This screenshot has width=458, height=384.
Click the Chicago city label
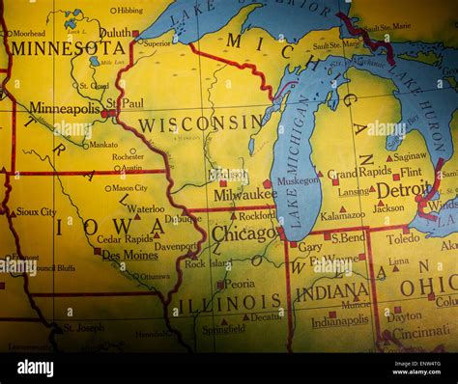pyautogui.click(x=244, y=233)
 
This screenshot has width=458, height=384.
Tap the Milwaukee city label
pyautogui.click(x=244, y=194)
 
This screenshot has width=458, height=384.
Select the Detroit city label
pyautogui.click(x=403, y=191)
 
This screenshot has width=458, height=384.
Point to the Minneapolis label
pyautogui.click(x=65, y=108)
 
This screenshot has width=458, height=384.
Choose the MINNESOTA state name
pyautogui.click(x=68, y=47)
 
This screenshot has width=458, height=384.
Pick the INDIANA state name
pyautogui.click(x=331, y=291)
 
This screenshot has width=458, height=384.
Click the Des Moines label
pyautogui.click(x=129, y=255)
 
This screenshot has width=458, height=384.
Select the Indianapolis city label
pyautogui.click(x=339, y=321)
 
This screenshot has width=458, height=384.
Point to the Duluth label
pyautogui.click(x=114, y=32)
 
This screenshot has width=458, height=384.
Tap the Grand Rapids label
pyautogui.click(x=359, y=174)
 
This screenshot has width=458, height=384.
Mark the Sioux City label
pyautogui.click(x=36, y=211)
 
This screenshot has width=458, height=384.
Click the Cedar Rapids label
pyautogui.click(x=124, y=238)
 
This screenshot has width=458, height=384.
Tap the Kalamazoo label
pyautogui.click(x=343, y=215)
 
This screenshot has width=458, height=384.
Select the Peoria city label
pyautogui.click(x=239, y=285)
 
